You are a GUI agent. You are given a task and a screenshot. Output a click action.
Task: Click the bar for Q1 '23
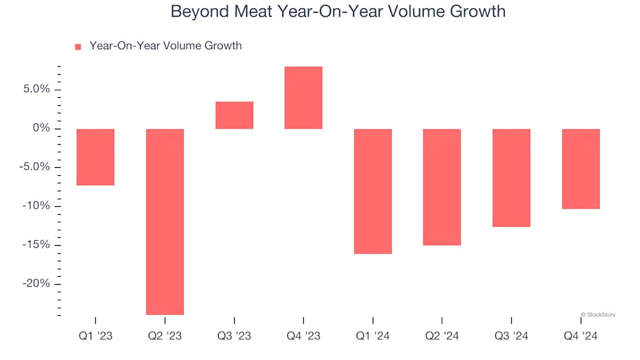[x=95, y=157]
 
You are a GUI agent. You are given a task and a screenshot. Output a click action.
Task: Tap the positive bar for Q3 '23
[x=234, y=115]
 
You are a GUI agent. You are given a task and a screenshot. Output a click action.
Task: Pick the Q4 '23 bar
[x=303, y=98]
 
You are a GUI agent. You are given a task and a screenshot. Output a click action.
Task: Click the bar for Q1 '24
[x=373, y=191]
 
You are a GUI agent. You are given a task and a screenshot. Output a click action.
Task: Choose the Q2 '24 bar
[x=442, y=187]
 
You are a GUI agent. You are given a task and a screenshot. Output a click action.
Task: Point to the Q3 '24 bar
[x=511, y=178]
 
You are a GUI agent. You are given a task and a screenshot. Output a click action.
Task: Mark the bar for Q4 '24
[x=581, y=169]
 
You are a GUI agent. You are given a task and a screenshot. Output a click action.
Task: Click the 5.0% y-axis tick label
[x=36, y=89]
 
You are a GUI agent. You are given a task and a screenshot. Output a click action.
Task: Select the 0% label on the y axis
[x=41, y=128]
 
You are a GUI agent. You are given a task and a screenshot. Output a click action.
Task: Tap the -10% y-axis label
[x=36, y=206]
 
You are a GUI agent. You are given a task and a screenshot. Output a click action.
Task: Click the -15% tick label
[x=36, y=245]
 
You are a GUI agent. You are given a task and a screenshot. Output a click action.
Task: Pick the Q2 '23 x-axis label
[x=165, y=336]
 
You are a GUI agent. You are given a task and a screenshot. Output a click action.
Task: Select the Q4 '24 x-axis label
[x=581, y=336]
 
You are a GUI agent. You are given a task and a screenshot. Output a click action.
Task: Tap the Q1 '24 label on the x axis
[x=373, y=336]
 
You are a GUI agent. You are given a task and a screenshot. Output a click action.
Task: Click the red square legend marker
[x=78, y=47]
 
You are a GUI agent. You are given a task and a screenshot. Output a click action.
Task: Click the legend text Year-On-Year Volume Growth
[x=165, y=46]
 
